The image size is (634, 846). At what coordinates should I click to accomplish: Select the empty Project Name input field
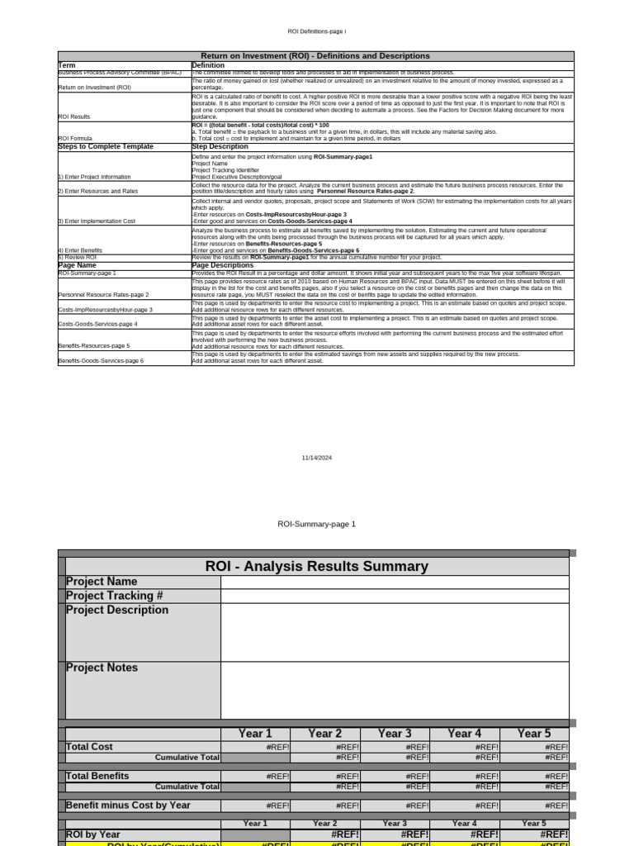[395, 582]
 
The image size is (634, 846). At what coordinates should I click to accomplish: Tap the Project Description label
[117, 610]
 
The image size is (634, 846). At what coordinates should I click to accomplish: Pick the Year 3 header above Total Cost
[395, 733]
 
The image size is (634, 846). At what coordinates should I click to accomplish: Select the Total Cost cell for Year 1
[256, 747]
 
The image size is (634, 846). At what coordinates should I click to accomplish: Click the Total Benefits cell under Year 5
[534, 777]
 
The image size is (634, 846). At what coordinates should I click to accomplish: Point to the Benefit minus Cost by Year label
[128, 806]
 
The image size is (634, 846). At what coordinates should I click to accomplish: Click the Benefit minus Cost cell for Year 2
[325, 806]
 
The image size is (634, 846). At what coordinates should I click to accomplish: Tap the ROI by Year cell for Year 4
[465, 835]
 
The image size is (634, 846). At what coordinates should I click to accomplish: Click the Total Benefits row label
[97, 777]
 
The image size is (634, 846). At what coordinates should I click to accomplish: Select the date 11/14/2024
[316, 457]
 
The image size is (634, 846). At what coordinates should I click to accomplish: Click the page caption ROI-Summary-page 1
[316, 524]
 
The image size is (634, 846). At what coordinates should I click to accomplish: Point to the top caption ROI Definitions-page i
[316, 31]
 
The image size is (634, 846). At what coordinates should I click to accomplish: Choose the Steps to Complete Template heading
[106, 146]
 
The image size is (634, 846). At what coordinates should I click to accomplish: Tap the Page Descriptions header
[222, 265]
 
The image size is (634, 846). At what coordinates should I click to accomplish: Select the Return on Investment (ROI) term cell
[95, 87]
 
